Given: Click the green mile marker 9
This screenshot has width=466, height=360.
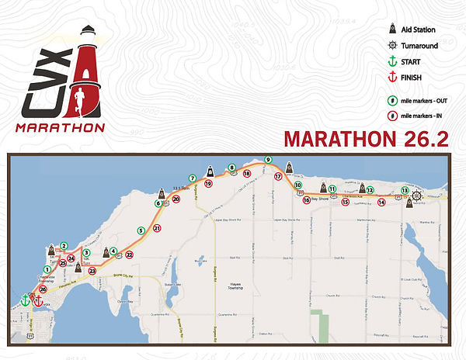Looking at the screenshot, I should (268, 160).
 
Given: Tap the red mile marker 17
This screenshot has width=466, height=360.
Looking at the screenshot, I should (277, 176).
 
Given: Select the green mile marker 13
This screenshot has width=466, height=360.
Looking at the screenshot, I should (404, 190).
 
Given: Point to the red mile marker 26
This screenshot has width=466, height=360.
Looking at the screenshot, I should (43, 289).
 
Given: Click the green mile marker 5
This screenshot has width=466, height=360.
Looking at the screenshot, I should (141, 230).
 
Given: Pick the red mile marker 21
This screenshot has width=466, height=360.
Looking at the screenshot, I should (157, 228).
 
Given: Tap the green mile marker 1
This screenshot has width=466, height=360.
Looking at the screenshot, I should (47, 269).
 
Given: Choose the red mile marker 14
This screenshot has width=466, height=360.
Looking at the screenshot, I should (381, 202).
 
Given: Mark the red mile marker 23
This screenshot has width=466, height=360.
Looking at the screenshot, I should (92, 271).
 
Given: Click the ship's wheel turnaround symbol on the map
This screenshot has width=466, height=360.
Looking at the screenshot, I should (416, 196).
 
